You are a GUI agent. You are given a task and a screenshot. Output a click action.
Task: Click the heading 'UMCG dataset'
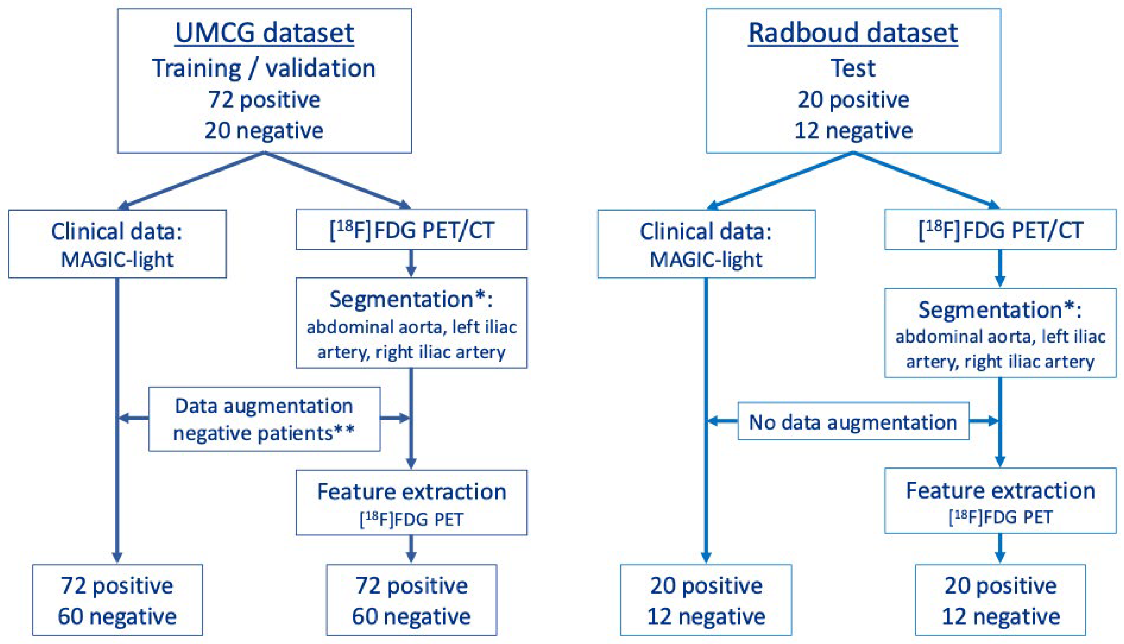[x=264, y=33]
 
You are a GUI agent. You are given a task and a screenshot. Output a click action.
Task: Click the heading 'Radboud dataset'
[x=853, y=33]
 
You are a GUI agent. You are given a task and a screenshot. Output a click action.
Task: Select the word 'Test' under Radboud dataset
[x=853, y=68]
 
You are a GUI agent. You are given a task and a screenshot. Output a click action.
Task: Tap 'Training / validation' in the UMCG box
[x=264, y=68]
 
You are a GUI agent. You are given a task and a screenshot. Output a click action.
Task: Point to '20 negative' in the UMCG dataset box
[x=264, y=130]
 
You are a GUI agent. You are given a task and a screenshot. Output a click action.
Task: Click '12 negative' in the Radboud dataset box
[x=853, y=130]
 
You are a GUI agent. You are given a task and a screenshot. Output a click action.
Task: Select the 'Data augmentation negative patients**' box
[x=264, y=419]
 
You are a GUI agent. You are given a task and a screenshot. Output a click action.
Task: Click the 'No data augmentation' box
[x=853, y=421]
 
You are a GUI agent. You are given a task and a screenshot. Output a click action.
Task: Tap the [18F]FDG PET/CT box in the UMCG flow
[x=411, y=230]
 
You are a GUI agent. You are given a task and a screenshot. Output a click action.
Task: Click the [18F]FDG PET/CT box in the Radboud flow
[x=1000, y=230]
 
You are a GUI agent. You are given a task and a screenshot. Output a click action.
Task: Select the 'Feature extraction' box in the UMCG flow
[x=411, y=503]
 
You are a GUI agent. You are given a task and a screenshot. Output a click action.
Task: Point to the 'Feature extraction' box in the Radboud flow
[x=1000, y=501]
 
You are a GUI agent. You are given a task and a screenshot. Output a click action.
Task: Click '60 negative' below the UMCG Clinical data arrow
[x=117, y=616]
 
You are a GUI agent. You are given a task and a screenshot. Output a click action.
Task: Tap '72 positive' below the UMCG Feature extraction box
[x=411, y=586]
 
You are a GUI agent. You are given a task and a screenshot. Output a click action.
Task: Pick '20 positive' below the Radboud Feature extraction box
[x=1000, y=586]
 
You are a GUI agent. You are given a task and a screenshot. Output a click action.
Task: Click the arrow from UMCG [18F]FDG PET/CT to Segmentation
[x=411, y=264]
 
